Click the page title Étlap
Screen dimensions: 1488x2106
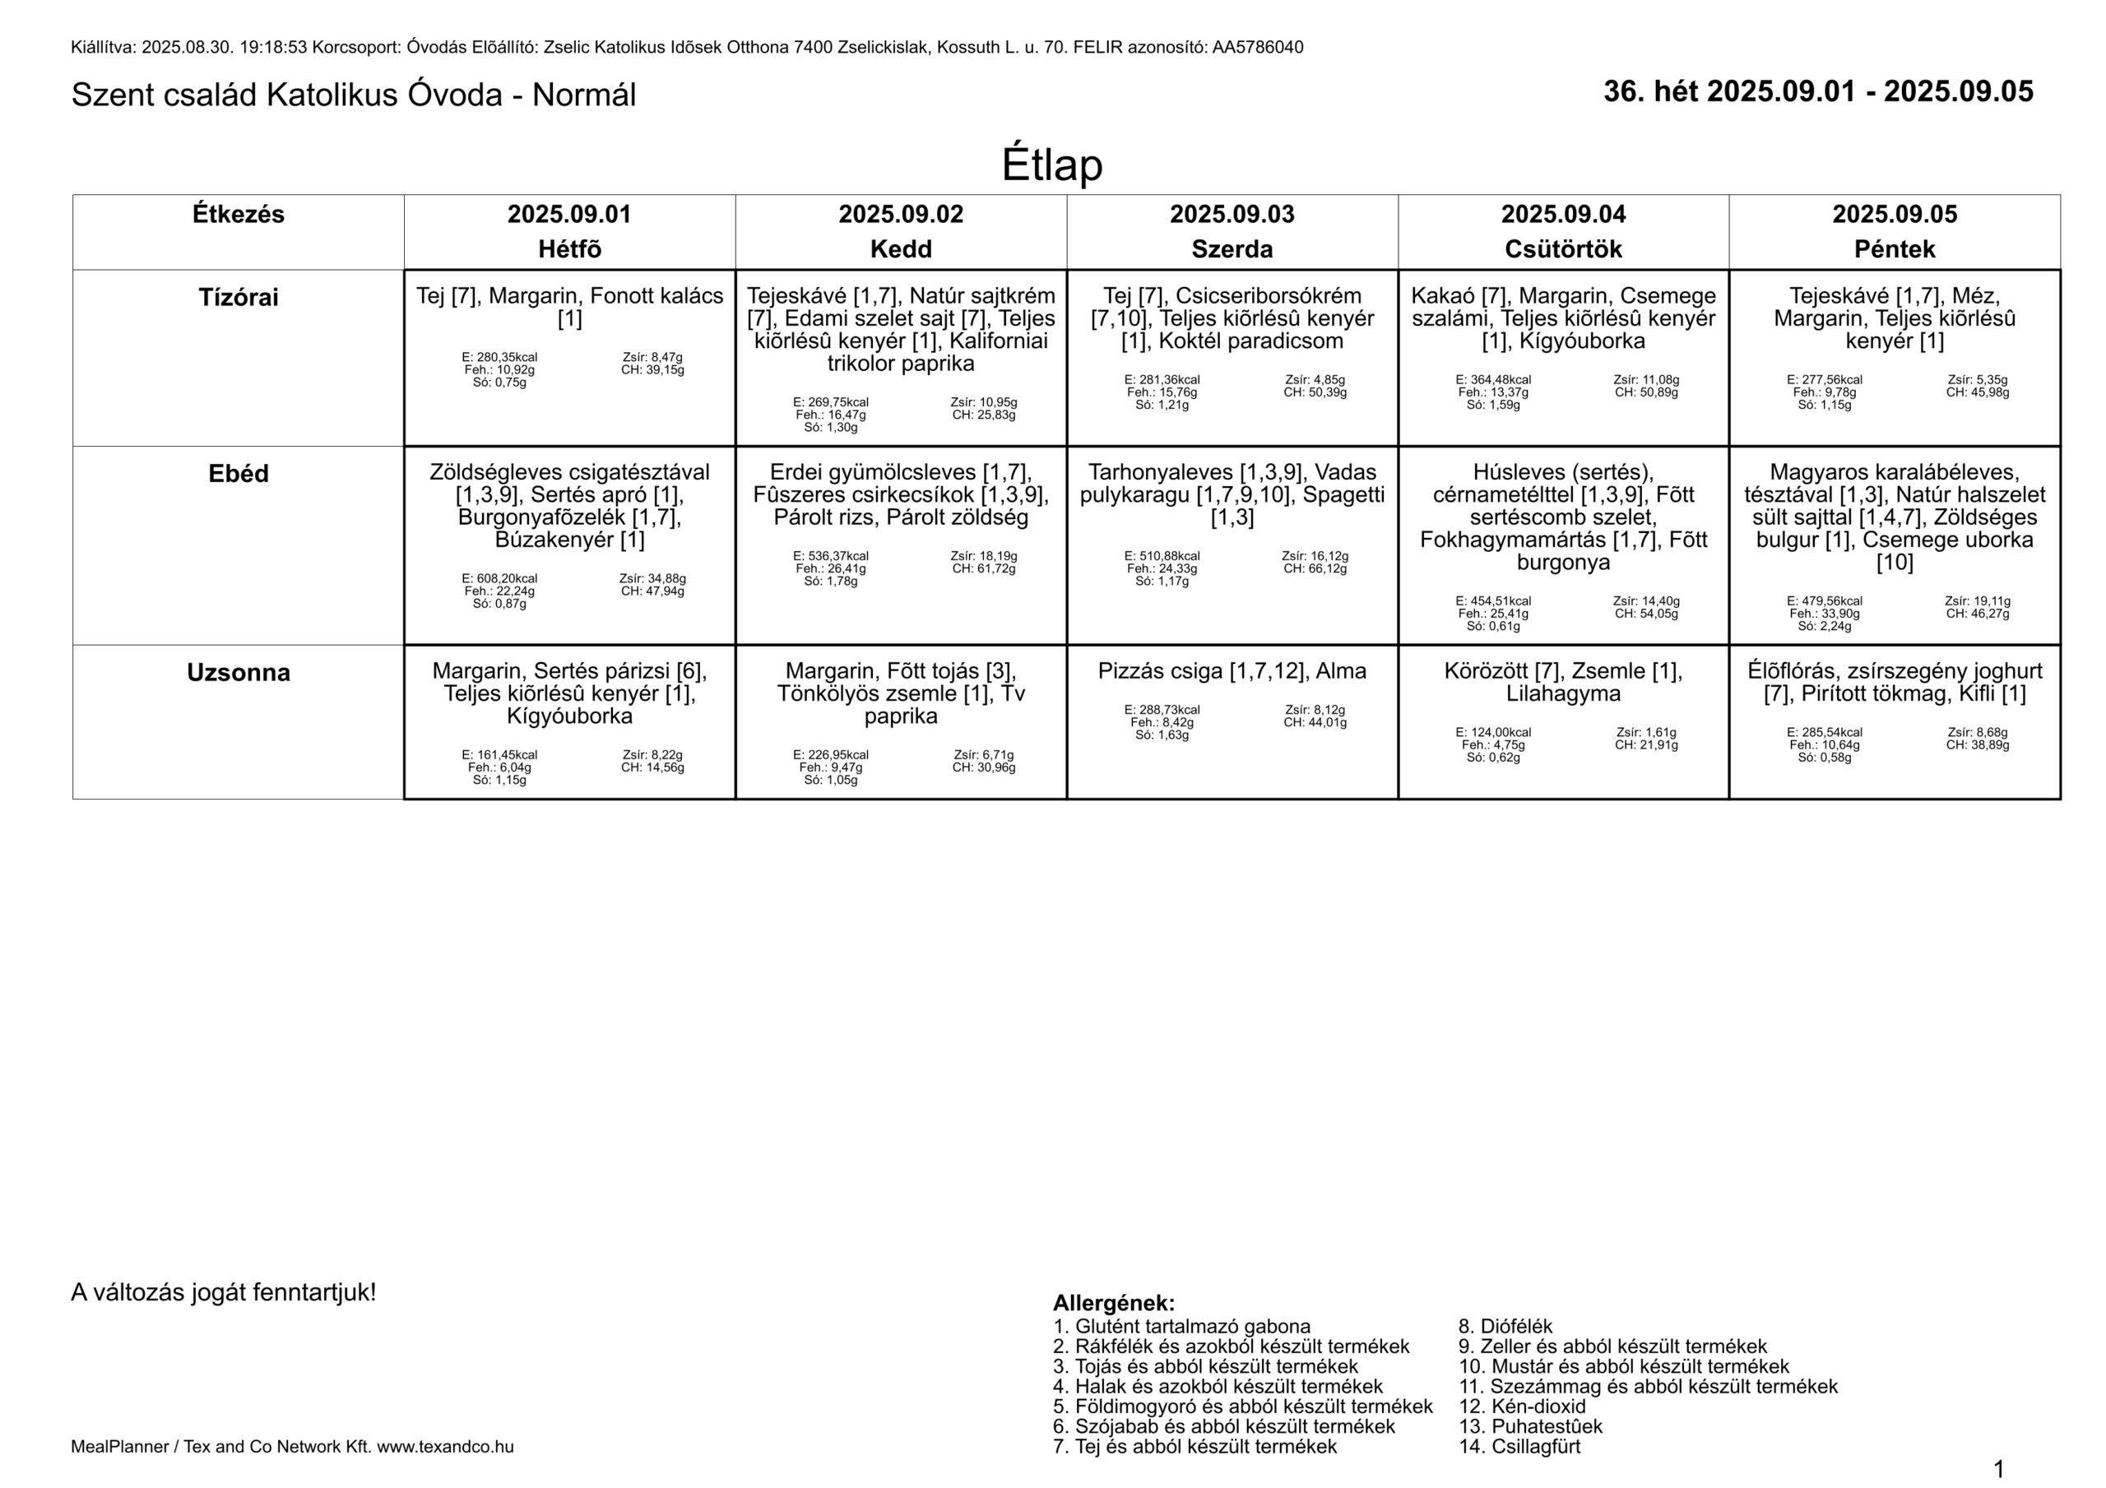pyautogui.click(x=1051, y=165)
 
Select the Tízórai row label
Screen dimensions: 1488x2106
pyautogui.click(x=239, y=297)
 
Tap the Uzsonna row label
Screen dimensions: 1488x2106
pyautogui.click(x=239, y=673)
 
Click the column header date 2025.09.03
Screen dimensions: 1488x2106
pyautogui.click(x=1232, y=215)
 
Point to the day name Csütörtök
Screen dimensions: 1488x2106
pyautogui.click(x=1563, y=248)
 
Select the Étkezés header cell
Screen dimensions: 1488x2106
pyautogui.click(x=239, y=215)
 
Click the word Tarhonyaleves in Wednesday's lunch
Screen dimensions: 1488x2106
pyautogui.click(x=1159, y=472)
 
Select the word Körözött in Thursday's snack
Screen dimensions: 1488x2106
pyautogui.click(x=1485, y=670)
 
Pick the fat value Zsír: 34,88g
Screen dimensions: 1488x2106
pyautogui.click(x=652, y=579)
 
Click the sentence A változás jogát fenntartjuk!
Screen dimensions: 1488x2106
pyautogui.click(x=224, y=1292)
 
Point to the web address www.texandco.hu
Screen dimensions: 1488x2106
pyautogui.click(x=445, y=1447)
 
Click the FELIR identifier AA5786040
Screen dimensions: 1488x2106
pyautogui.click(x=1258, y=48)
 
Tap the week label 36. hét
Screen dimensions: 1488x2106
pyautogui.click(x=1651, y=92)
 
